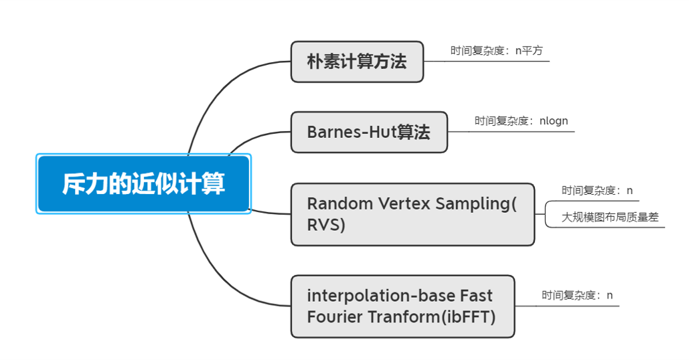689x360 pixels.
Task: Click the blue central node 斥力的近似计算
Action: [x=143, y=184]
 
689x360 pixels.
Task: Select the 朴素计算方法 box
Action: [x=357, y=62]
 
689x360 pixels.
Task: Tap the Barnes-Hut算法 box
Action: [x=368, y=132]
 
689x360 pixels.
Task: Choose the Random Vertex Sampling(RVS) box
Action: [x=412, y=214]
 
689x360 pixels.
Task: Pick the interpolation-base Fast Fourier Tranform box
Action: [x=402, y=306]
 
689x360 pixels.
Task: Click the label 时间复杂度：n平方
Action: [x=496, y=51]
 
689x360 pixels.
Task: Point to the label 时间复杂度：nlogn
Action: [x=521, y=121]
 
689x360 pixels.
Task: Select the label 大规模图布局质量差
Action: [x=610, y=217]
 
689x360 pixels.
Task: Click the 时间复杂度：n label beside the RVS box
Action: [x=597, y=191]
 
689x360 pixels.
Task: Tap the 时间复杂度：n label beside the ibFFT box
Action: [x=577, y=295]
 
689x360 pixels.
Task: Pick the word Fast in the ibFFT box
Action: [x=476, y=296]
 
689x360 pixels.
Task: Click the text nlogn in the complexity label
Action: [x=554, y=121]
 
